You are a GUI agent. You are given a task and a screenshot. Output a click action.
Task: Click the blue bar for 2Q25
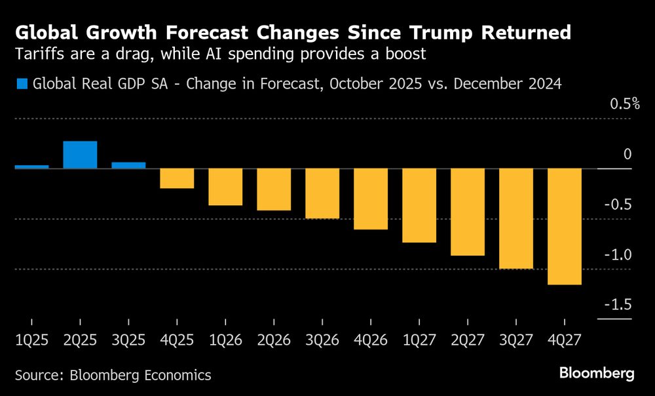click(x=80, y=155)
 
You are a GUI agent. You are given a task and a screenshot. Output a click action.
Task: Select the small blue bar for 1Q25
click(x=31, y=167)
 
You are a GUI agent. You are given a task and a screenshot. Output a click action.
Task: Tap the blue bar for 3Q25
click(x=128, y=165)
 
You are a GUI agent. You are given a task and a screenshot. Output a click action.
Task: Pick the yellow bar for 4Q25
click(x=177, y=178)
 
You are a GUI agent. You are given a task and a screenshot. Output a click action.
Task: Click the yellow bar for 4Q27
click(x=565, y=226)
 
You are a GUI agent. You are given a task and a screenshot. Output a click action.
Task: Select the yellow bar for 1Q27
click(x=419, y=205)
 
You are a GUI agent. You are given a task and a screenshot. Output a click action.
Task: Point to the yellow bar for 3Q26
click(x=322, y=193)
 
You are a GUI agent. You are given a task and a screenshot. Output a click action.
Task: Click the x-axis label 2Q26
click(x=274, y=340)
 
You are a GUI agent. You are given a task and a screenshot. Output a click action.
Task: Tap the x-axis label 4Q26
click(x=371, y=340)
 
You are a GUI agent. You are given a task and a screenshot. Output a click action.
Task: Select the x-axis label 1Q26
click(x=225, y=340)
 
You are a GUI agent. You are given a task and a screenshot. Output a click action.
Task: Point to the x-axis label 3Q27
click(x=516, y=340)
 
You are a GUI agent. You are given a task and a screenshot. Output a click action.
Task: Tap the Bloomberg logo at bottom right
click(x=597, y=374)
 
